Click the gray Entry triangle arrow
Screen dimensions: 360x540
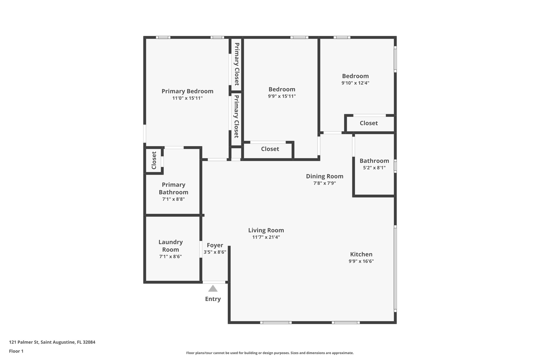click(x=213, y=289)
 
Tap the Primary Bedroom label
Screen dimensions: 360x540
click(x=187, y=91)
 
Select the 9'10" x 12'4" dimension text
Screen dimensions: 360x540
click(x=355, y=83)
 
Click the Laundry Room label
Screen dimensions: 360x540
click(x=170, y=246)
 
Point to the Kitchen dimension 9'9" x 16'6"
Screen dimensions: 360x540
click(x=361, y=261)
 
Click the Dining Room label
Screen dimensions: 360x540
click(x=324, y=176)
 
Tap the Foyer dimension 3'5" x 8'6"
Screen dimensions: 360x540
click(x=215, y=252)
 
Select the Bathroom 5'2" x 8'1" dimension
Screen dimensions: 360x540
click(x=374, y=168)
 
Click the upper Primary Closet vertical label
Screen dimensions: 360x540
click(x=237, y=64)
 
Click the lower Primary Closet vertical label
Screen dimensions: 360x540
click(x=236, y=116)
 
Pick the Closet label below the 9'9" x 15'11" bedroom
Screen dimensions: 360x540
click(x=270, y=149)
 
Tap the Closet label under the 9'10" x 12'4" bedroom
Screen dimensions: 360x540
click(x=369, y=123)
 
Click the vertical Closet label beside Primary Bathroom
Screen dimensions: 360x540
click(x=154, y=160)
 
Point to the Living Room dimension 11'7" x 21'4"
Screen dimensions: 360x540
click(x=266, y=237)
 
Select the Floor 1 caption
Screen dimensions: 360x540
click(x=16, y=351)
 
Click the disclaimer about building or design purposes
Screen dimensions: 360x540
click(x=270, y=353)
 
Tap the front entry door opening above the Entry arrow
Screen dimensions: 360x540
click(x=214, y=282)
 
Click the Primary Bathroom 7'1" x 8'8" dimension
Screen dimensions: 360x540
click(x=173, y=199)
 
